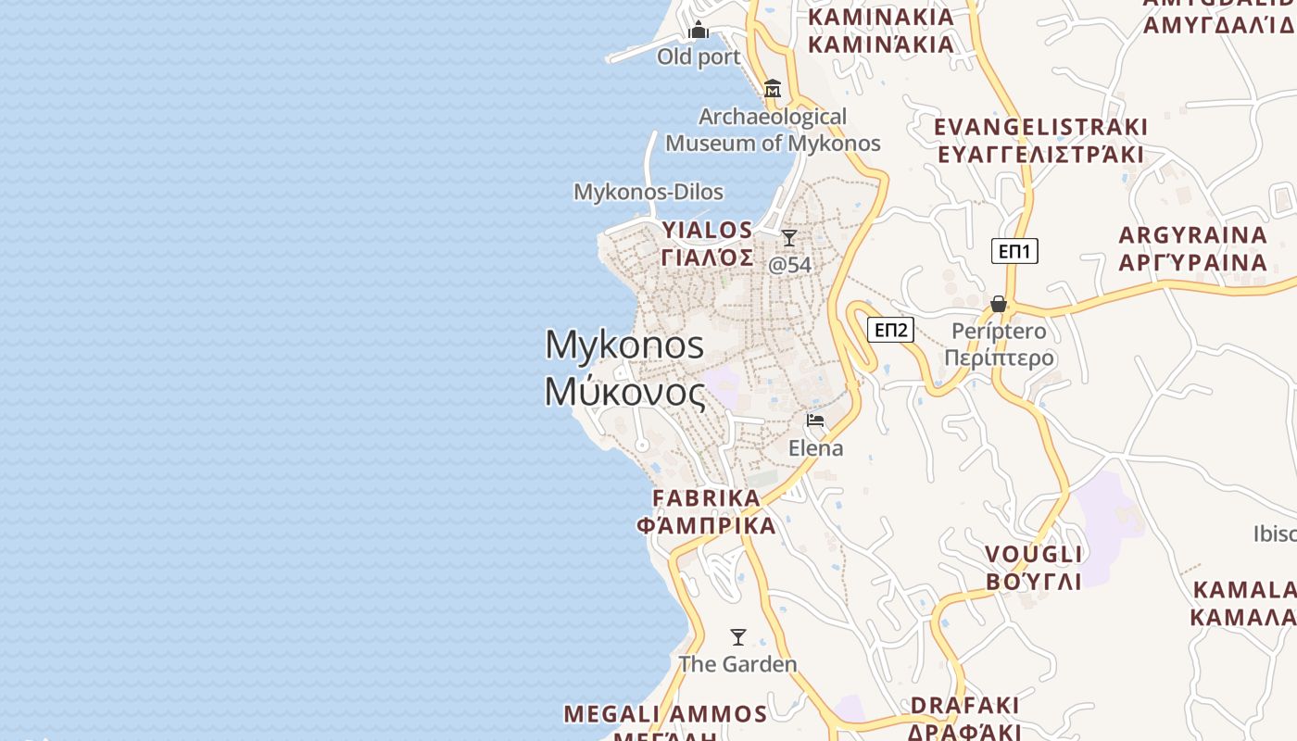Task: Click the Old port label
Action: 699,57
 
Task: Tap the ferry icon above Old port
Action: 699,31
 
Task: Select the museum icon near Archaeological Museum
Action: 773,90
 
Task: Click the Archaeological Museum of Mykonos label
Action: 773,131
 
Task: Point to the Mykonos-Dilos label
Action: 648,192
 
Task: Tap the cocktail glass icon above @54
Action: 789,238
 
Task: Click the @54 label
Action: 789,265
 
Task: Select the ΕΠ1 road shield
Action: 1014,251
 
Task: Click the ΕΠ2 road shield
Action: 891,330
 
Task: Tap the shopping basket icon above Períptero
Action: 999,304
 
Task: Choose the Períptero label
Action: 999,345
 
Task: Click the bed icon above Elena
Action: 815,421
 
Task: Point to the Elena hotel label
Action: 815,448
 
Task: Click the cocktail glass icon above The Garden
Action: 738,637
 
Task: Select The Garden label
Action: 737,664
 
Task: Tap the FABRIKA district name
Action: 706,511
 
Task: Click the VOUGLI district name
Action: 1033,568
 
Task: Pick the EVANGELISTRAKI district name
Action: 1040,140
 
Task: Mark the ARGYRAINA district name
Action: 1193,248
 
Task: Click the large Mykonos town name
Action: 624,369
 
